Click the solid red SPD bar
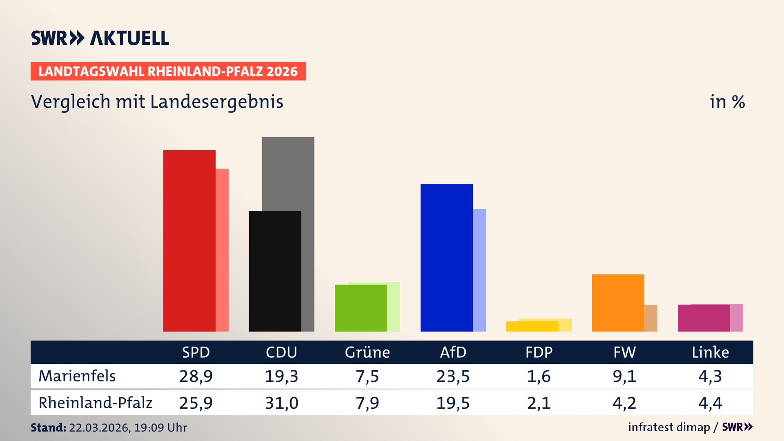pos(189,241)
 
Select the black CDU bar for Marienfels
pos(275,271)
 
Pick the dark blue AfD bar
pos(446,257)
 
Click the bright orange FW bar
pos(618,303)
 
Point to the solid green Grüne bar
pos(361,308)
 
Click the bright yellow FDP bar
pos(532,326)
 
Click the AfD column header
pos(453,352)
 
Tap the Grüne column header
pos(367,352)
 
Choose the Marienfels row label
pos(77,376)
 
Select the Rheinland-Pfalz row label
pos(95,403)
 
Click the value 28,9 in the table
pos(196,376)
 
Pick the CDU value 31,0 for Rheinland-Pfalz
pos(282,403)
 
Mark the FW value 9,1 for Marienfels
pos(624,376)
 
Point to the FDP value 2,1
pos(539,403)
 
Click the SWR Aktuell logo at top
pos(100,38)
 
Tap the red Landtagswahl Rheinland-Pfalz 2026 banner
pos(168,71)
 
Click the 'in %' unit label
pos(727,102)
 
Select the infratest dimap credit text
pos(669,427)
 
